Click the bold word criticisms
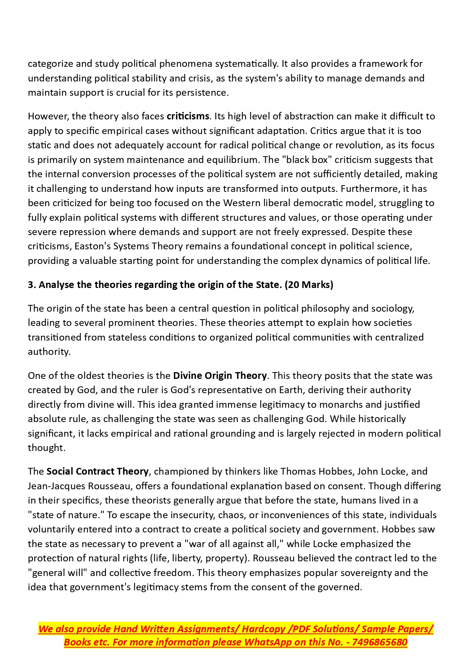[188, 116]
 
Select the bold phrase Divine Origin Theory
[220, 376]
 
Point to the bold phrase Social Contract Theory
[98, 472]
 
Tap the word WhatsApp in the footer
[268, 642]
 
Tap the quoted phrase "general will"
[57, 573]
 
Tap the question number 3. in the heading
[32, 285]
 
